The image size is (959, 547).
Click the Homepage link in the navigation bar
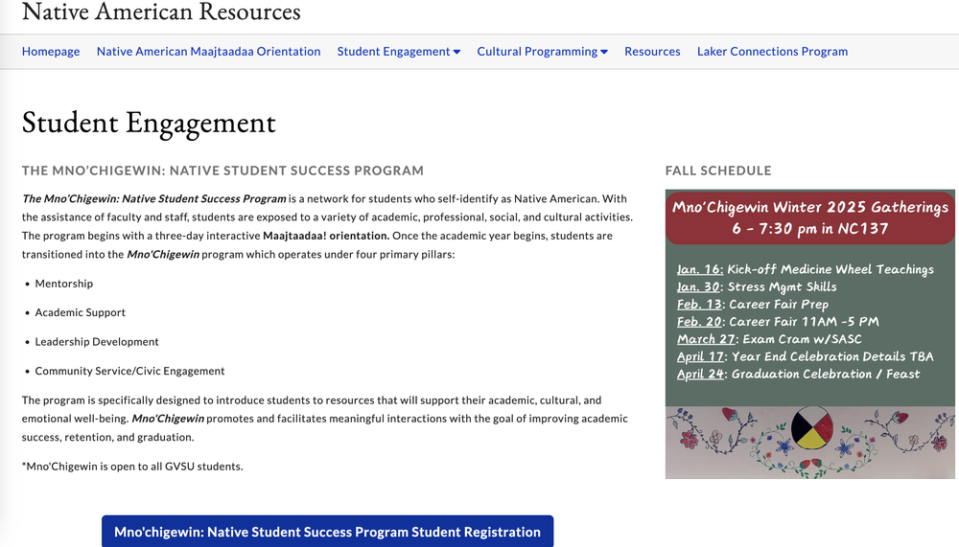[x=51, y=52]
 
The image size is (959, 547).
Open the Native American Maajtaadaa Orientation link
[x=208, y=52]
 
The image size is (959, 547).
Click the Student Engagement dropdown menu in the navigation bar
[x=398, y=52]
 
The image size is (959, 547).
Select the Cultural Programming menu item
[x=542, y=52]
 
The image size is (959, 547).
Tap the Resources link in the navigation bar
[x=652, y=52]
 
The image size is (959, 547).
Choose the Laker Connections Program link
[x=772, y=52]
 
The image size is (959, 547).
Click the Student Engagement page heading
[x=149, y=123]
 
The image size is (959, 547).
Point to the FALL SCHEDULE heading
[x=718, y=171]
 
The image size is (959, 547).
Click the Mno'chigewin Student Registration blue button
[x=327, y=532]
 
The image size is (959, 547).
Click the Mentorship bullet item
[x=64, y=284]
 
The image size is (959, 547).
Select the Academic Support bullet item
[x=81, y=312]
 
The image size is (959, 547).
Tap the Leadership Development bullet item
[x=97, y=342]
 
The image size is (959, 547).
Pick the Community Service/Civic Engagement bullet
[x=129, y=371]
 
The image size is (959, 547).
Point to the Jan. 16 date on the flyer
[x=700, y=269]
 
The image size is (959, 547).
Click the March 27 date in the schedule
[x=706, y=339]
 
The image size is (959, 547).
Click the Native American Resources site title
[x=161, y=12]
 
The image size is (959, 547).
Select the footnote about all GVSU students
[x=132, y=467]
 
